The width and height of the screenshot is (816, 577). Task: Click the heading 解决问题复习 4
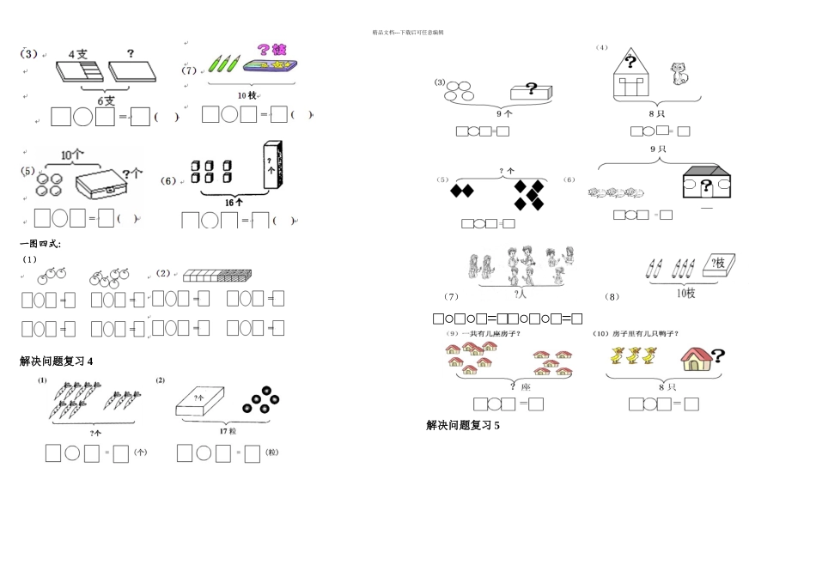coord(57,361)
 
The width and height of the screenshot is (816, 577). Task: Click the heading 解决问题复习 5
coord(463,425)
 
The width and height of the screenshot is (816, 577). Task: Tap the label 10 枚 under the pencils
coord(247,94)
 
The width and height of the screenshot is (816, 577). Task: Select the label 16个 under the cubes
coord(233,202)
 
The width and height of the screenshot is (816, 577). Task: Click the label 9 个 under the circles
coord(504,112)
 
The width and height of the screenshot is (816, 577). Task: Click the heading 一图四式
coord(40,244)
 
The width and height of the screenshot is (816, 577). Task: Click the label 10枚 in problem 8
coord(685,294)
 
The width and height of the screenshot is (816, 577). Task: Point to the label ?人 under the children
coord(521,294)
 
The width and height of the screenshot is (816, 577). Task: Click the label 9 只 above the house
coord(659,149)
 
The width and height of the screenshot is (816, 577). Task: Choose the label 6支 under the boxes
coord(106,100)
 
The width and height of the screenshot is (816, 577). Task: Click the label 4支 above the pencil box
coord(78,53)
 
